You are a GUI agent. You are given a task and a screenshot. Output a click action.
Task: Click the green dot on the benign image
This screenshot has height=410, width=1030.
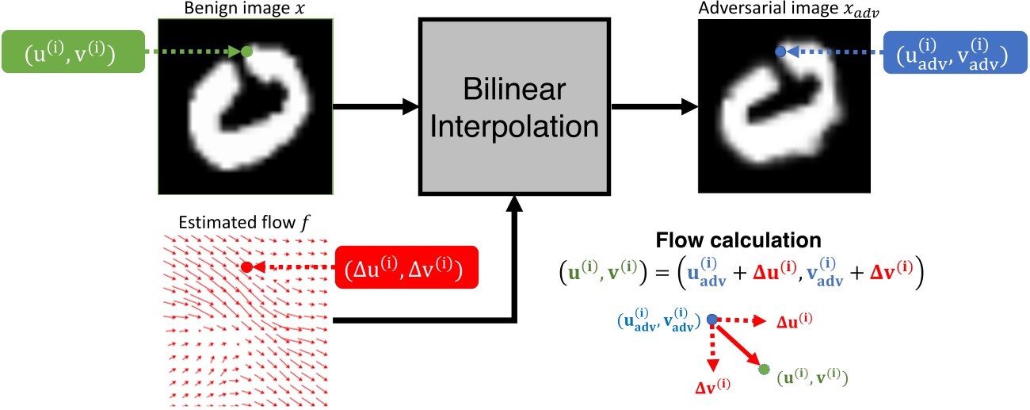(246, 52)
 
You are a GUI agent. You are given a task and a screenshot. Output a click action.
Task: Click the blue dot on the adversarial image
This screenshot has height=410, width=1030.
(780, 52)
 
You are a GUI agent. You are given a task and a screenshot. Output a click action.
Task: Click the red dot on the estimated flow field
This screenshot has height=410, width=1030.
(246, 267)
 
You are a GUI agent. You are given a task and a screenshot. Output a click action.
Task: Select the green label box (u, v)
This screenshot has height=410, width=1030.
(74, 52)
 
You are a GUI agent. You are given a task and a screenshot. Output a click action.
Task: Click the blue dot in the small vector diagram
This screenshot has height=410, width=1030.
(711, 319)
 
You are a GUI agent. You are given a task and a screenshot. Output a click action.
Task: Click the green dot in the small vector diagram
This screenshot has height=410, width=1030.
(764, 370)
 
